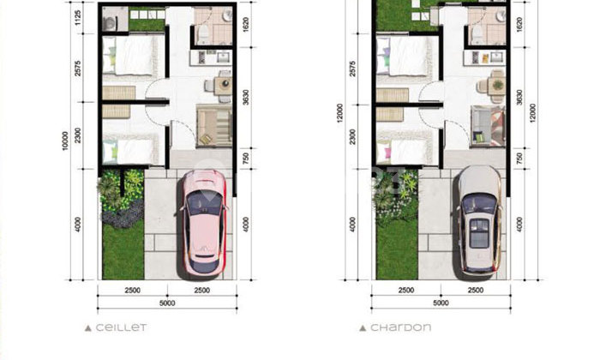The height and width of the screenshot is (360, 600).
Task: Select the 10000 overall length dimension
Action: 64,141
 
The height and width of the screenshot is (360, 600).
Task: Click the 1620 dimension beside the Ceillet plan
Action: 246,26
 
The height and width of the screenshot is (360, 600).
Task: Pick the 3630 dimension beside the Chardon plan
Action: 519,99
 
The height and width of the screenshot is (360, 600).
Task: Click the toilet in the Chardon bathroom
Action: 477,33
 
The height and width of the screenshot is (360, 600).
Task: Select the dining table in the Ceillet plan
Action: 223,84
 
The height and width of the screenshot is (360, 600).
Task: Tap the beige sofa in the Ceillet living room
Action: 212,126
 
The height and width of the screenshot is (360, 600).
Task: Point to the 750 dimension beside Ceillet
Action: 246,158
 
